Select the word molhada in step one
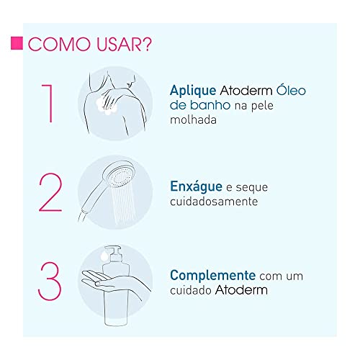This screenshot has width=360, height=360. pyautogui.click(x=193, y=121)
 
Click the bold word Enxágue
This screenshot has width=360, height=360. pyautogui.click(x=194, y=186)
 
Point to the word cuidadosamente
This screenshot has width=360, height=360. pyautogui.click(x=213, y=202)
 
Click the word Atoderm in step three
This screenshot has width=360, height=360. pyautogui.click(x=244, y=290)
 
